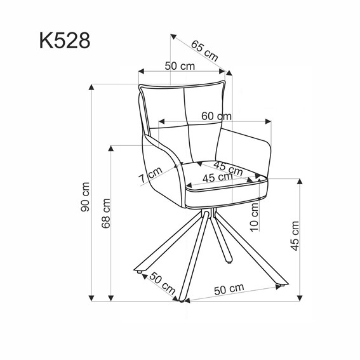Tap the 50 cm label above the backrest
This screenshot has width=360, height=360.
pyautogui.click(x=179, y=66)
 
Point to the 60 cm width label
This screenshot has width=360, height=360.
pyautogui.click(x=216, y=116)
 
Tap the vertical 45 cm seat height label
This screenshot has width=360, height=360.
pyautogui.click(x=294, y=236)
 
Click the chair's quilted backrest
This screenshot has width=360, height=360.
pyautogui.click(x=184, y=121)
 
